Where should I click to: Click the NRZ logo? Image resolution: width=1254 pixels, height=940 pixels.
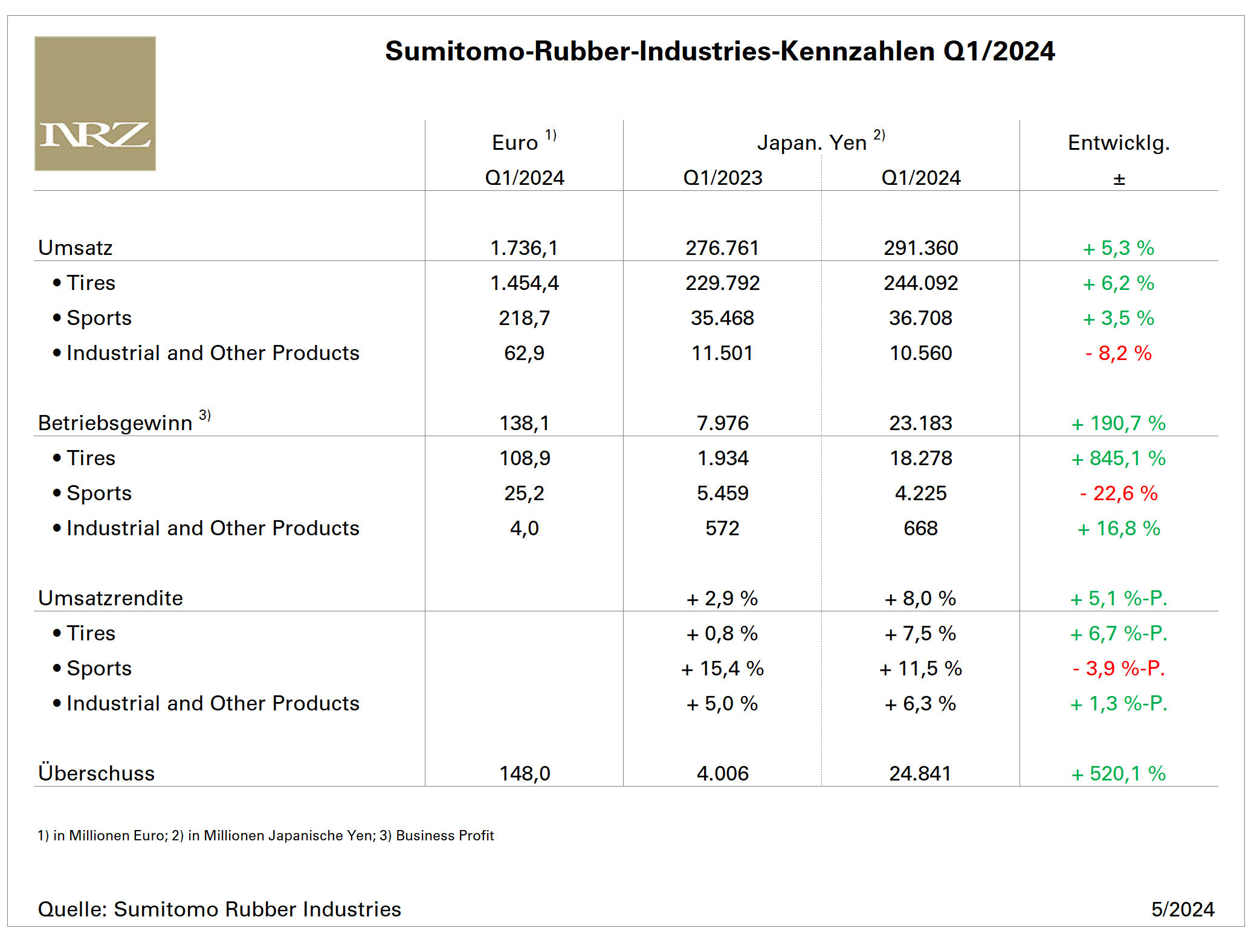pos(95,103)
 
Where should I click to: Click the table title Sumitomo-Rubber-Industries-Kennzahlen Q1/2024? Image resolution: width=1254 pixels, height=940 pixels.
pos(719,51)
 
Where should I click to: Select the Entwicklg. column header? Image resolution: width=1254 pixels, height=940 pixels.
pos(1118,143)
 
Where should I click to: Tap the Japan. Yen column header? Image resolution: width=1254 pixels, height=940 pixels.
pos(812,143)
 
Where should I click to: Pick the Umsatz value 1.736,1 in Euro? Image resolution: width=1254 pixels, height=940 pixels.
pos(524,248)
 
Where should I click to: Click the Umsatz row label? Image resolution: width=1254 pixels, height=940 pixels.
pos(76,248)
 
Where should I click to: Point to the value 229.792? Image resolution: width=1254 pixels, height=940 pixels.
pos(722,283)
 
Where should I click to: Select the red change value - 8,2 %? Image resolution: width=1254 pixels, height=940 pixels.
pos(1118,353)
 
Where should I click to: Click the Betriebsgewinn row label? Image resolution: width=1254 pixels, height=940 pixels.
pos(115,423)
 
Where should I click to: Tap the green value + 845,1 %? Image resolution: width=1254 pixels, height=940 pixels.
pos(1118,459)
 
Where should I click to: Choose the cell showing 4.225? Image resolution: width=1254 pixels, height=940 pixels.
pos(920,494)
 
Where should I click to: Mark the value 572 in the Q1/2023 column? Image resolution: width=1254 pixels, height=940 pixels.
pos(722,529)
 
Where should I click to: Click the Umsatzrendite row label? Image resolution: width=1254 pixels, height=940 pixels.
pos(111,598)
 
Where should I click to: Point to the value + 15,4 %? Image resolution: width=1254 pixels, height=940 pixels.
pos(722,669)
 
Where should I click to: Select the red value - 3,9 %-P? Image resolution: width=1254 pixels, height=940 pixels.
pos(1118,669)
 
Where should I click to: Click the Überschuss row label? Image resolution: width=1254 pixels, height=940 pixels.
pos(97,773)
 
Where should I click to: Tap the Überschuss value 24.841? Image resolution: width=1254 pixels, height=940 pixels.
pos(920,773)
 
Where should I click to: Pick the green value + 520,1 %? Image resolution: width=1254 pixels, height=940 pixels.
pos(1118,773)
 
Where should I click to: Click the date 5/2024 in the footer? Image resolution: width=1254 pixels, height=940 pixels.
pos(1182,909)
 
